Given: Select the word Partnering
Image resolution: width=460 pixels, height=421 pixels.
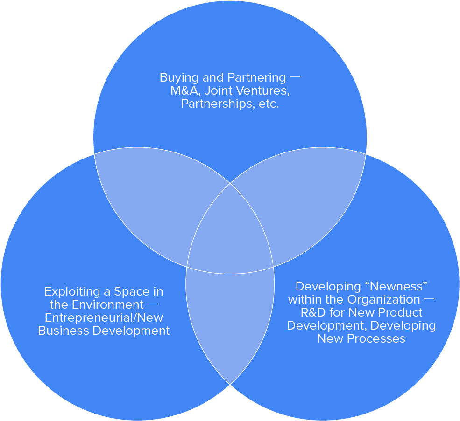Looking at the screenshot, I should (x=256, y=77).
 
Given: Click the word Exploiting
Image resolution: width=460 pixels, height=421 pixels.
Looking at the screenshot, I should (x=68, y=292).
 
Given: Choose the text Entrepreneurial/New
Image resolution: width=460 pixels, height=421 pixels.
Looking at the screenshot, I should (x=104, y=318).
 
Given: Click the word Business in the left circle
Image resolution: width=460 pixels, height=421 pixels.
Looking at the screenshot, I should (x=60, y=331).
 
